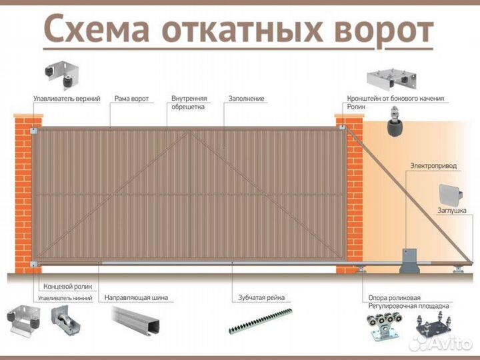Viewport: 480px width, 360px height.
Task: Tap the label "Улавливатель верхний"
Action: (67, 99)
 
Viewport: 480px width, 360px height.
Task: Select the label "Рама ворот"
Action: (131, 99)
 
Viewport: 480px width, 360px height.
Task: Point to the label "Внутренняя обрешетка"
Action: (189, 102)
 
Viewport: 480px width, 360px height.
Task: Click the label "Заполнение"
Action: (246, 99)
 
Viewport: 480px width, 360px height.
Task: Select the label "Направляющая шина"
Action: (136, 297)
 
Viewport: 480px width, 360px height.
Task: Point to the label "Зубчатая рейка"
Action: (261, 297)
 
